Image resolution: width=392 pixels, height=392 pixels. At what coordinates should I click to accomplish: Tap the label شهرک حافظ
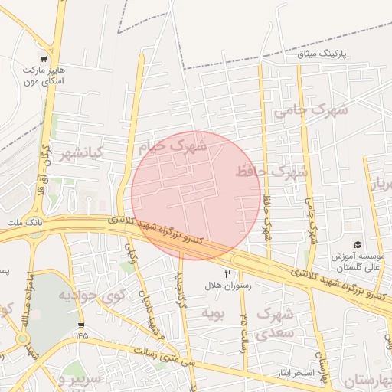pos(272,171)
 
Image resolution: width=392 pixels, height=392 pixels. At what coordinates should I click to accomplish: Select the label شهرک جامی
pos(310,110)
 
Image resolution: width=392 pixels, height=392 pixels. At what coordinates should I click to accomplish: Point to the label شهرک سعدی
pos(274,323)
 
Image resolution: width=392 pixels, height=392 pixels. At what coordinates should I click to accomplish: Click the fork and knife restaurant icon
pos(227,273)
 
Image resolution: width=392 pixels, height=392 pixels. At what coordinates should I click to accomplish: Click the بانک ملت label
pos(21,222)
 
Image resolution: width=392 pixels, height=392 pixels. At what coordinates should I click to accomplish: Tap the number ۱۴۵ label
pos(82,334)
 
